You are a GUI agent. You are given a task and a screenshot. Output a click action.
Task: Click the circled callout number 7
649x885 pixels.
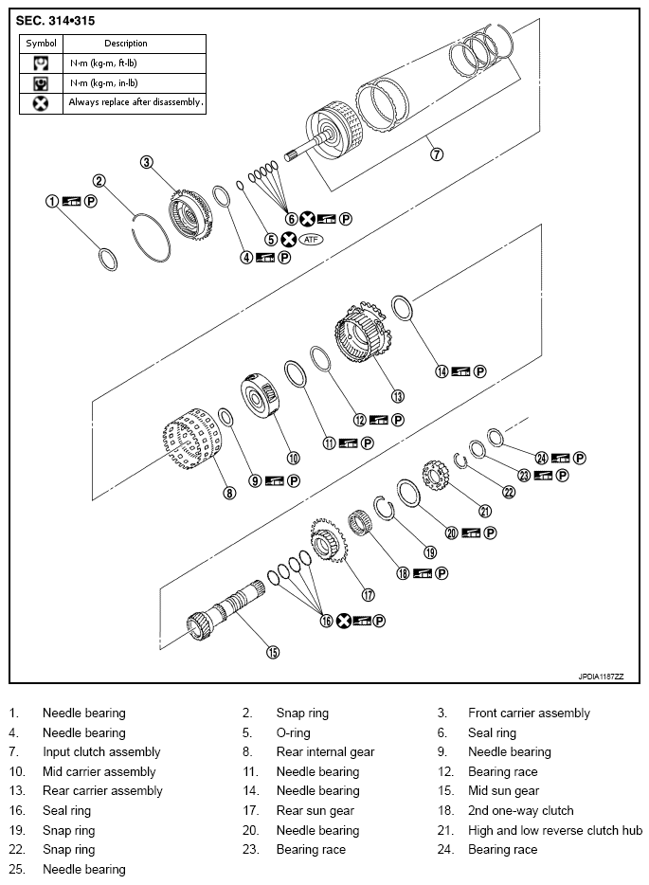click(x=437, y=154)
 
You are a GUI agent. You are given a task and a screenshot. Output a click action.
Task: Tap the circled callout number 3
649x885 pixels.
click(x=147, y=162)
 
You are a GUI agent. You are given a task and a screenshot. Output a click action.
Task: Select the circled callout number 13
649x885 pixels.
click(x=397, y=396)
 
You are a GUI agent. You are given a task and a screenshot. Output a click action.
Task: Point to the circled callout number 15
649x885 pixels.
click(x=272, y=651)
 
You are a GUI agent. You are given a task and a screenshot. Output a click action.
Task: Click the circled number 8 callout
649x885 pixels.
click(x=229, y=492)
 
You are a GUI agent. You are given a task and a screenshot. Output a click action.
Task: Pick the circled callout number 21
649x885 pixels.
click(x=485, y=511)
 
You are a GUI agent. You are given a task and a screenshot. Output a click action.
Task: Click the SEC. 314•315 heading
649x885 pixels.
click(x=56, y=20)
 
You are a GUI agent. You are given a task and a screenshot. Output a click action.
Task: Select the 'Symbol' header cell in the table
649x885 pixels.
click(x=42, y=44)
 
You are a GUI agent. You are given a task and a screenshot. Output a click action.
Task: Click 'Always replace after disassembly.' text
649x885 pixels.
click(x=135, y=102)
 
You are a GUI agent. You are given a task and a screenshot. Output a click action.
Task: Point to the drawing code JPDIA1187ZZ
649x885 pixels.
click(x=600, y=677)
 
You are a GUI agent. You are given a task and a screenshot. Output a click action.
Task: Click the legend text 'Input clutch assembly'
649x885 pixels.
click(x=101, y=751)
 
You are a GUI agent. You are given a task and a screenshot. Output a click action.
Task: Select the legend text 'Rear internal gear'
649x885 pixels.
click(x=325, y=751)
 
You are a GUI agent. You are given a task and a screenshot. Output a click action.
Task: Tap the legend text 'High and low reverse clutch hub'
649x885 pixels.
click(x=555, y=830)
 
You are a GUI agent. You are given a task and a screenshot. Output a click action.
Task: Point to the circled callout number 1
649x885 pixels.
click(x=52, y=201)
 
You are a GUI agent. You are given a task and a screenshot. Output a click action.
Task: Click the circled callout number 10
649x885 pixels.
click(x=294, y=458)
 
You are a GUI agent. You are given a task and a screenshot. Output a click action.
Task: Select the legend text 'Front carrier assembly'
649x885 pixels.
click(x=529, y=713)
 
